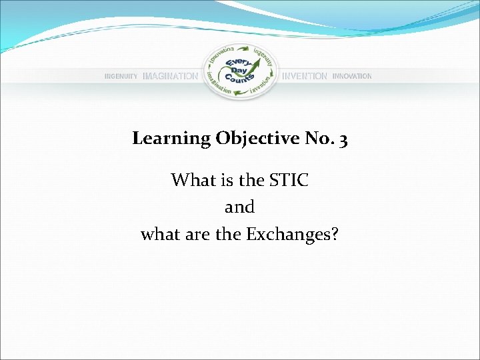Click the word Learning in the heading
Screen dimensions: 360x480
coord(171,139)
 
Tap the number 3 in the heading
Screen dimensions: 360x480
coord(343,139)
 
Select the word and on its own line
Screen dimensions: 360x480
coord(240,207)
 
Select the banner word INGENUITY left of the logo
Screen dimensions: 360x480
coord(121,77)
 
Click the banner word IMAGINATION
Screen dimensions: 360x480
coord(170,77)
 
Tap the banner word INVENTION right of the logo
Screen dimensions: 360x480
coord(305,77)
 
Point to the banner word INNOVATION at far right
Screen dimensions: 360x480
coord(352,77)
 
